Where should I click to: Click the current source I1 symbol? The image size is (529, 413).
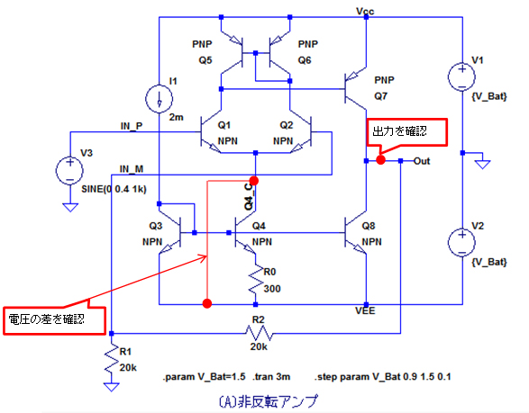click(159, 99)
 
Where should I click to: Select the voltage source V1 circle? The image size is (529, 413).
click(461, 76)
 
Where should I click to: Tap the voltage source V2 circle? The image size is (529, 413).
click(461, 243)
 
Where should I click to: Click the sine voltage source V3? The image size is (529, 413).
click(69, 171)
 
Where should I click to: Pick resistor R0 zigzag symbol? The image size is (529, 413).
click(256, 280)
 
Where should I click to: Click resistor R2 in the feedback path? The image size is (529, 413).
click(260, 333)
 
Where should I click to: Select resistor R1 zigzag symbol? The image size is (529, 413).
click(112, 359)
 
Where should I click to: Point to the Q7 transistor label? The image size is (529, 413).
click(380, 96)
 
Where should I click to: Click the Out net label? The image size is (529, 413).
click(422, 161)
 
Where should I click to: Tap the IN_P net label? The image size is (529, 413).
click(132, 126)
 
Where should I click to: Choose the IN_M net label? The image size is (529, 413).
click(132, 169)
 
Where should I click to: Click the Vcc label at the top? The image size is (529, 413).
click(365, 12)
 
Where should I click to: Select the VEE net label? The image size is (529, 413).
click(365, 310)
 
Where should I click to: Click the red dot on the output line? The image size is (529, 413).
click(380, 159)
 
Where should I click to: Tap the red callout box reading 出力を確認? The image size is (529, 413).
click(406, 132)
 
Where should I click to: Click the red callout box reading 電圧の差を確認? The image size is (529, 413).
click(54, 320)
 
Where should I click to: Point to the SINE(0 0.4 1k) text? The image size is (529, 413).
click(114, 189)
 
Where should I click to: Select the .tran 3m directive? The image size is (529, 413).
click(271, 377)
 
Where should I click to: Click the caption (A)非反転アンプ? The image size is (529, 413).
click(269, 401)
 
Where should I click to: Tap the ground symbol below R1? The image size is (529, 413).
click(112, 387)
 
